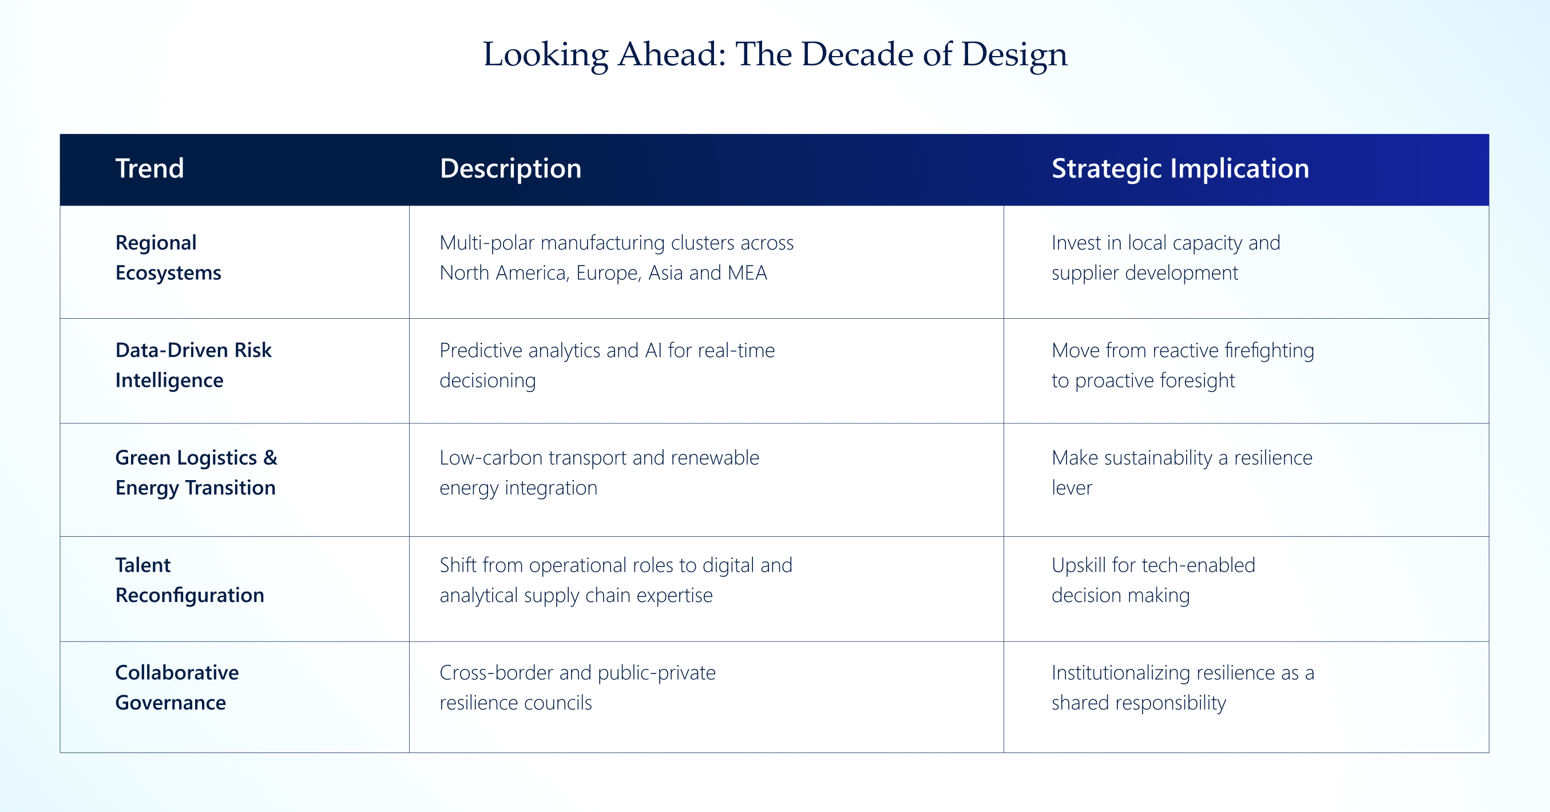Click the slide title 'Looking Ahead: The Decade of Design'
[775, 55]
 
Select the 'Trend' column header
[150, 169]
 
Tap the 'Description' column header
[511, 169]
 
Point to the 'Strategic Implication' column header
[1180, 169]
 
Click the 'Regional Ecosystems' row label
[168, 258]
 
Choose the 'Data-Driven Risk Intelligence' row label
[193, 365]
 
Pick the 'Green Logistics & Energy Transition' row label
[196, 473]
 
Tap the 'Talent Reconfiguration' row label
[189, 580]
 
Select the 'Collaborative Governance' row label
[177, 687]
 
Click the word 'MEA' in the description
[747, 273]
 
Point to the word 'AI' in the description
[653, 350]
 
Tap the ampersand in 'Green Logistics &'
[270, 457]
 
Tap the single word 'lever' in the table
[1072, 488]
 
